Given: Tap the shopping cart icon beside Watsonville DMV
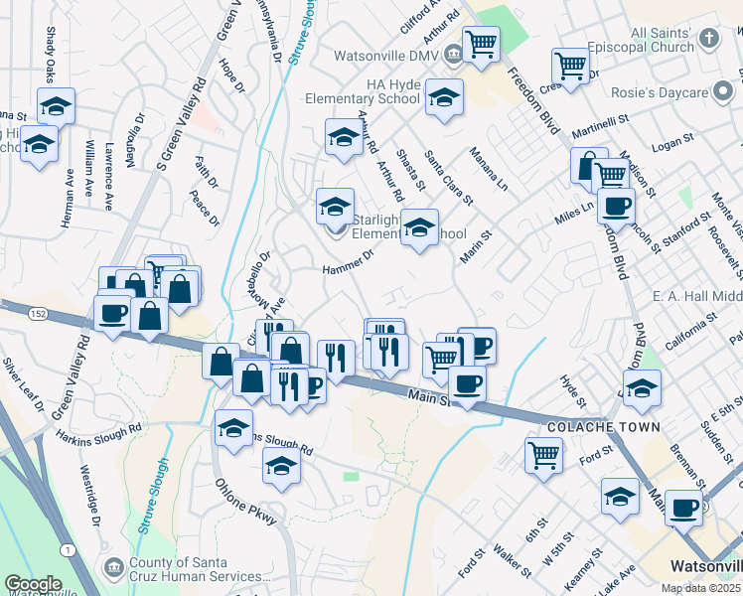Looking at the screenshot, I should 481,44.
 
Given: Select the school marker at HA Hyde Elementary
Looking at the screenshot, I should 444,97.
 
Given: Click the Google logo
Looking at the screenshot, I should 33,584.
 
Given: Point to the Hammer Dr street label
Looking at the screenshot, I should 348,263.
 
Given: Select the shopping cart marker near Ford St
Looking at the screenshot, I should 543,455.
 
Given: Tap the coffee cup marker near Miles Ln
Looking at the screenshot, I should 617,207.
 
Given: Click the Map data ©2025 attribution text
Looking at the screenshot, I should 700,588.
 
